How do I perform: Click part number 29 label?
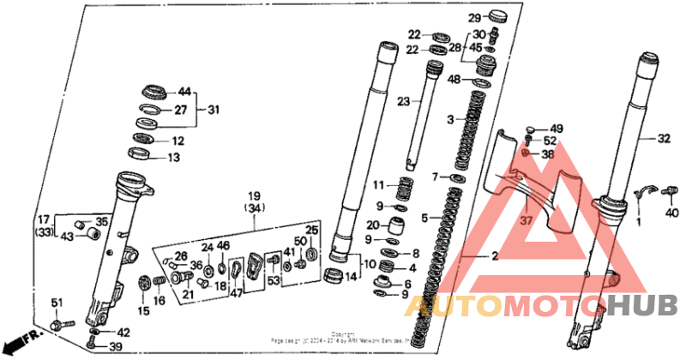point(474,17)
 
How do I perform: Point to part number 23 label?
point(404,100)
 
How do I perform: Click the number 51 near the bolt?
point(57,302)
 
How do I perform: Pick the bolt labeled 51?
point(59,326)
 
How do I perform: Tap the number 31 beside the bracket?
point(214,110)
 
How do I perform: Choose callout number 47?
point(236,292)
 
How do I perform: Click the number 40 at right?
point(671,213)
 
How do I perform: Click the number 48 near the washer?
point(454,80)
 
